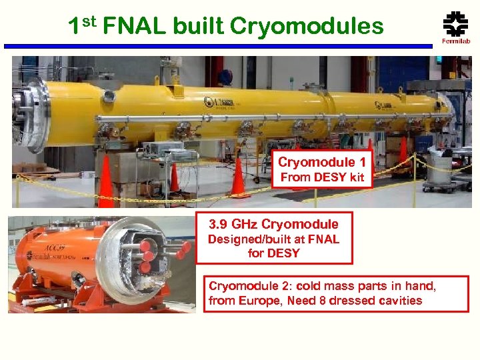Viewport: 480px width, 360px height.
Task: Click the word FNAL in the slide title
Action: pyautogui.click(x=135, y=26)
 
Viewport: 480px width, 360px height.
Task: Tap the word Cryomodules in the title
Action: pyautogui.click(x=307, y=26)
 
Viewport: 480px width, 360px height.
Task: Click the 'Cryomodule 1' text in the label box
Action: pyautogui.click(x=322, y=162)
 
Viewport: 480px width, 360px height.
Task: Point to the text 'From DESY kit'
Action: pyautogui.click(x=322, y=177)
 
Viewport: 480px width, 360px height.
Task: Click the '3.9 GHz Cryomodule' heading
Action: pyautogui.click(x=274, y=224)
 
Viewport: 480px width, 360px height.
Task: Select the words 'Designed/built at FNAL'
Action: pyautogui.click(x=274, y=239)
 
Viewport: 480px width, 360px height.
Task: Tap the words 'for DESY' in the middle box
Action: pyautogui.click(x=274, y=253)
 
